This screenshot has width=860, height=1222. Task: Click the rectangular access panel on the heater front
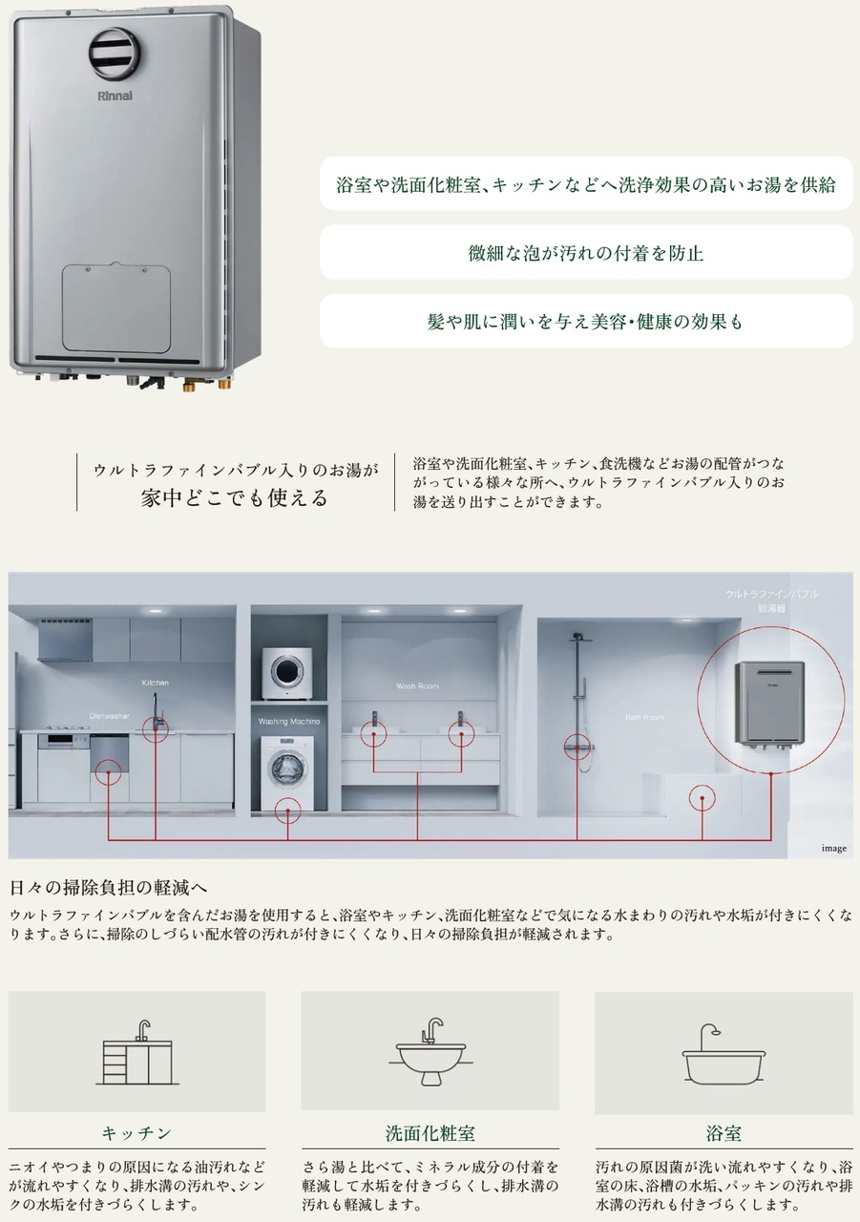coord(117,307)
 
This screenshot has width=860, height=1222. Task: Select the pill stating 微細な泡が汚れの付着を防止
coord(586,253)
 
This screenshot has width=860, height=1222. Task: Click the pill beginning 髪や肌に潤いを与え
coord(586,322)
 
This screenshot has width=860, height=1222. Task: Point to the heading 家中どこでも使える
coord(234,497)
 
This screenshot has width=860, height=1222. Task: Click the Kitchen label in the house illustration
coord(156,684)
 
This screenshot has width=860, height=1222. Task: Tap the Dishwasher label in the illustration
coord(110,715)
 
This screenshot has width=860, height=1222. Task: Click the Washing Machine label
coord(288,722)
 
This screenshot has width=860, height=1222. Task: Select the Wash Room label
coord(416,686)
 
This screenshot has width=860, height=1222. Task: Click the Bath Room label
coord(644,717)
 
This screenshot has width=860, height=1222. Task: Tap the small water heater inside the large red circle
coord(768,704)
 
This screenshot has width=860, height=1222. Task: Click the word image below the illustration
coord(833,848)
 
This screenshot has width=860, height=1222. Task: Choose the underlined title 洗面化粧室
coord(430,1134)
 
